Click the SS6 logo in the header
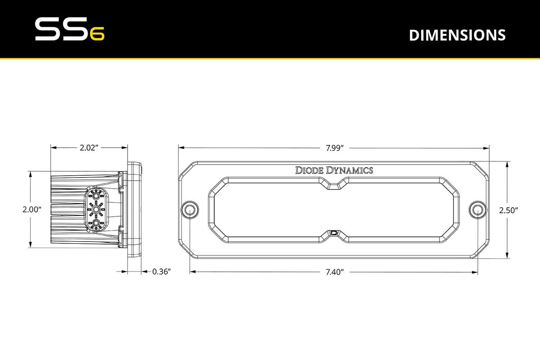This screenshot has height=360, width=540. (x=69, y=30)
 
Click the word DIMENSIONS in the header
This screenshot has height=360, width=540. (x=457, y=35)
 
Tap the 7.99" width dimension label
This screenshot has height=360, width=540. (x=335, y=148)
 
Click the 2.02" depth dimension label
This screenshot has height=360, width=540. (x=89, y=148)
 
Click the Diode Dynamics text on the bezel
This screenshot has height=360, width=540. (x=334, y=170)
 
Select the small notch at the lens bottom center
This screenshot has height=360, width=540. (x=334, y=233)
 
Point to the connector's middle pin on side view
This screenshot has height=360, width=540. (x=96, y=209)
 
